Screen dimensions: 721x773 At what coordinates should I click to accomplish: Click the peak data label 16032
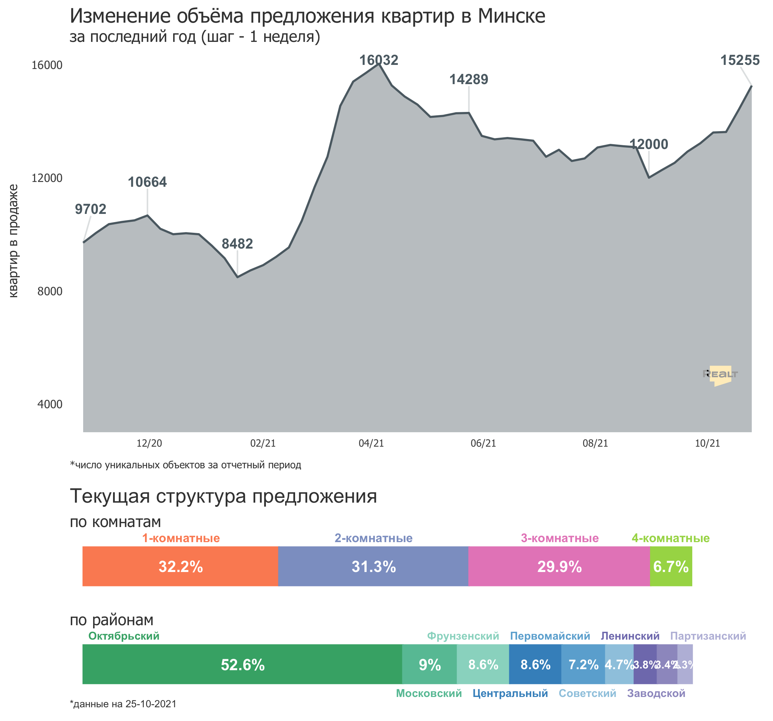click(379, 60)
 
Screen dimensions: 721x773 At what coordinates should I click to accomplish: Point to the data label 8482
click(237, 244)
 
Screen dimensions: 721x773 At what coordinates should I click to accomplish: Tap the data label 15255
click(740, 60)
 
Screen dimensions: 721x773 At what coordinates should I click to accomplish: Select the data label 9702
click(90, 209)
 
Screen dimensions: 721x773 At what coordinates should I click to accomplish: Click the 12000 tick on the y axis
click(47, 178)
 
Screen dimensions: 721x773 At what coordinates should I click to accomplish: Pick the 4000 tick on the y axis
click(50, 404)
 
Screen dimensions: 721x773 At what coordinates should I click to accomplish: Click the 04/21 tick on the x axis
click(371, 443)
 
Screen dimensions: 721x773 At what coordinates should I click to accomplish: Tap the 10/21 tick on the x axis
click(707, 443)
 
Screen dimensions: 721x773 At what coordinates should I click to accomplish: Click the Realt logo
click(720, 375)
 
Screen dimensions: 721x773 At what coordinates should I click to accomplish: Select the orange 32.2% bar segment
click(180, 566)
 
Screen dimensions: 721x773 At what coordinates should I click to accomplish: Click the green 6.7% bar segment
click(671, 566)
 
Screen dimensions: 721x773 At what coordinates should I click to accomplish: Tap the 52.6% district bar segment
click(242, 665)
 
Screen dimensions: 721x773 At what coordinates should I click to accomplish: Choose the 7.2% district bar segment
click(583, 665)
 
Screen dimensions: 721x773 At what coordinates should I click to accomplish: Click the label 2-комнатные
click(373, 538)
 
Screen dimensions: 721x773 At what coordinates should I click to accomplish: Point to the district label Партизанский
click(708, 636)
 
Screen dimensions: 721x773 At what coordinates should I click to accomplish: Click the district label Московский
click(428, 694)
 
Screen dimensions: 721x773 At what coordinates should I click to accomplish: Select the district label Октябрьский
click(124, 636)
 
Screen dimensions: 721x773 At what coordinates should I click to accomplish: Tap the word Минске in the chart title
click(511, 16)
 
